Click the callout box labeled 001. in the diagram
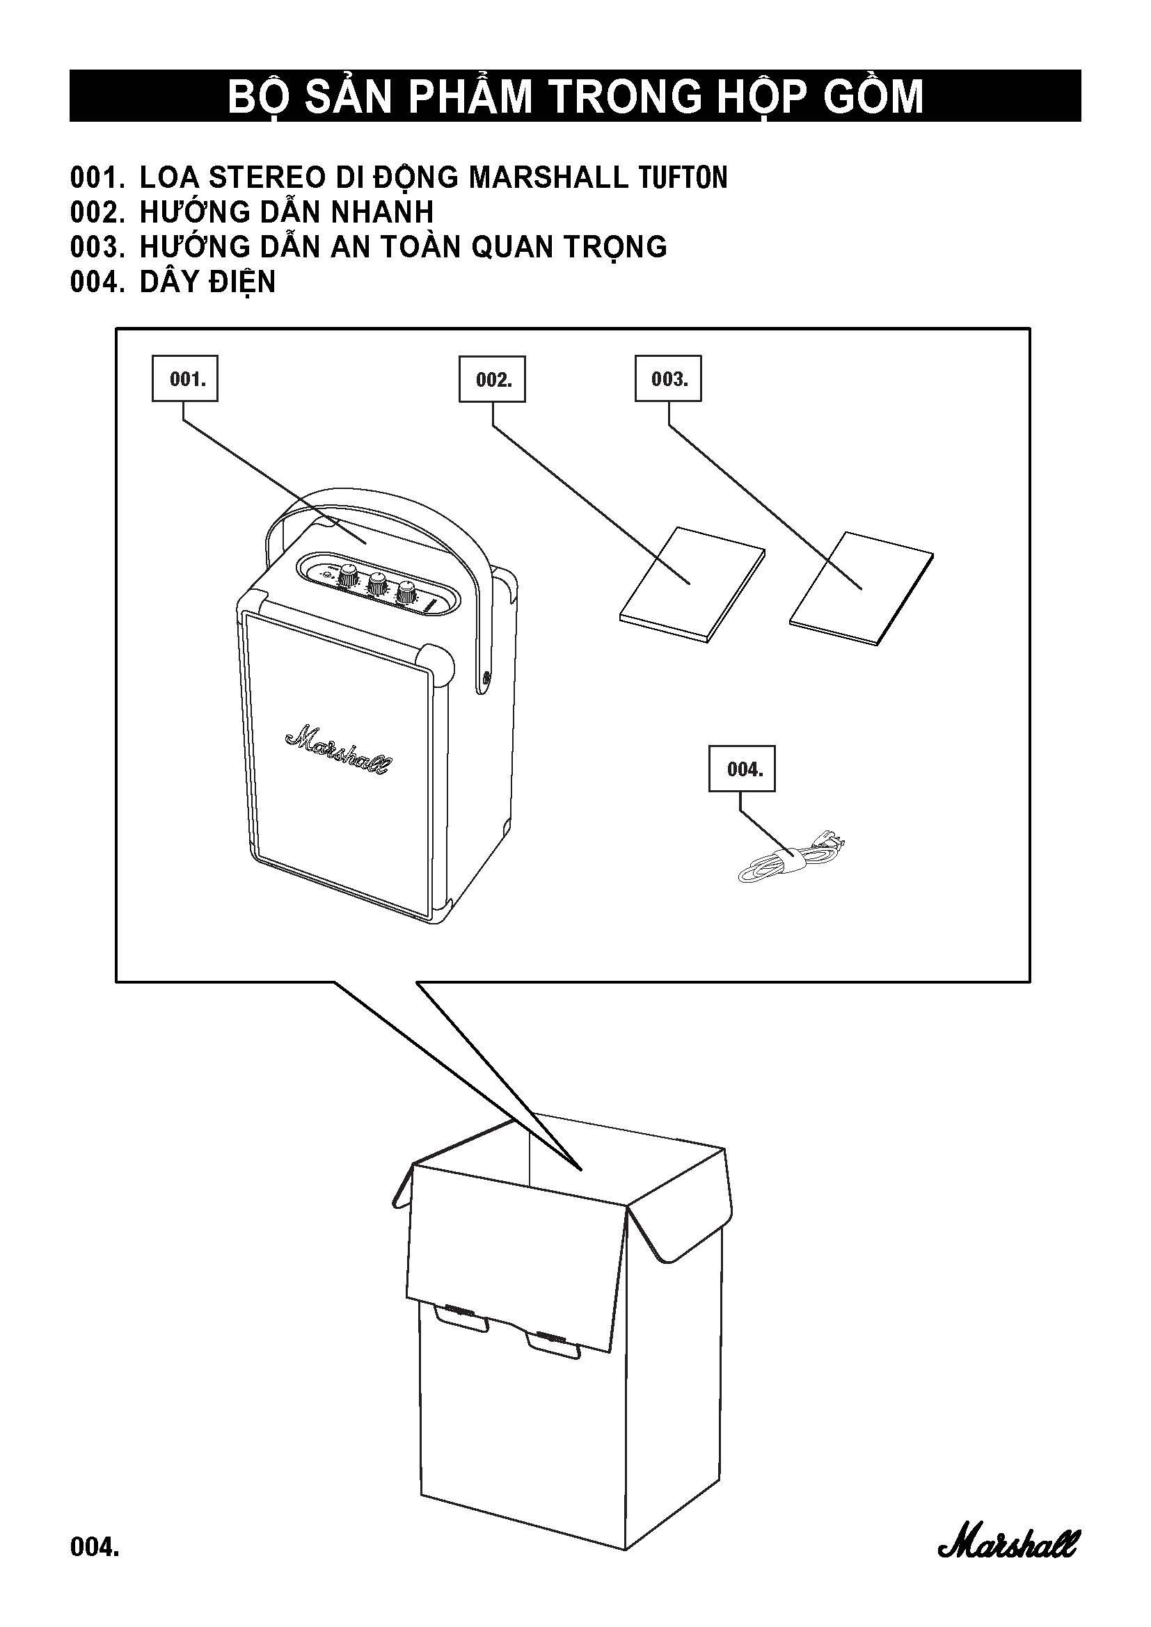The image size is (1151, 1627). coord(185,379)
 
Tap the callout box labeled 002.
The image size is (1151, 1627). coord(492,380)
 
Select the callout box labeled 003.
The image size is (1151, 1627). coord(667,379)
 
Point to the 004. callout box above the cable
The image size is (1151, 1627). coord(742,769)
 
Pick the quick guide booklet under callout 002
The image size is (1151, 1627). coord(692,584)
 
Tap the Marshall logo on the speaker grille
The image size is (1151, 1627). coord(338,749)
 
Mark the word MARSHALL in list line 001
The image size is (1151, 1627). coord(548,177)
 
